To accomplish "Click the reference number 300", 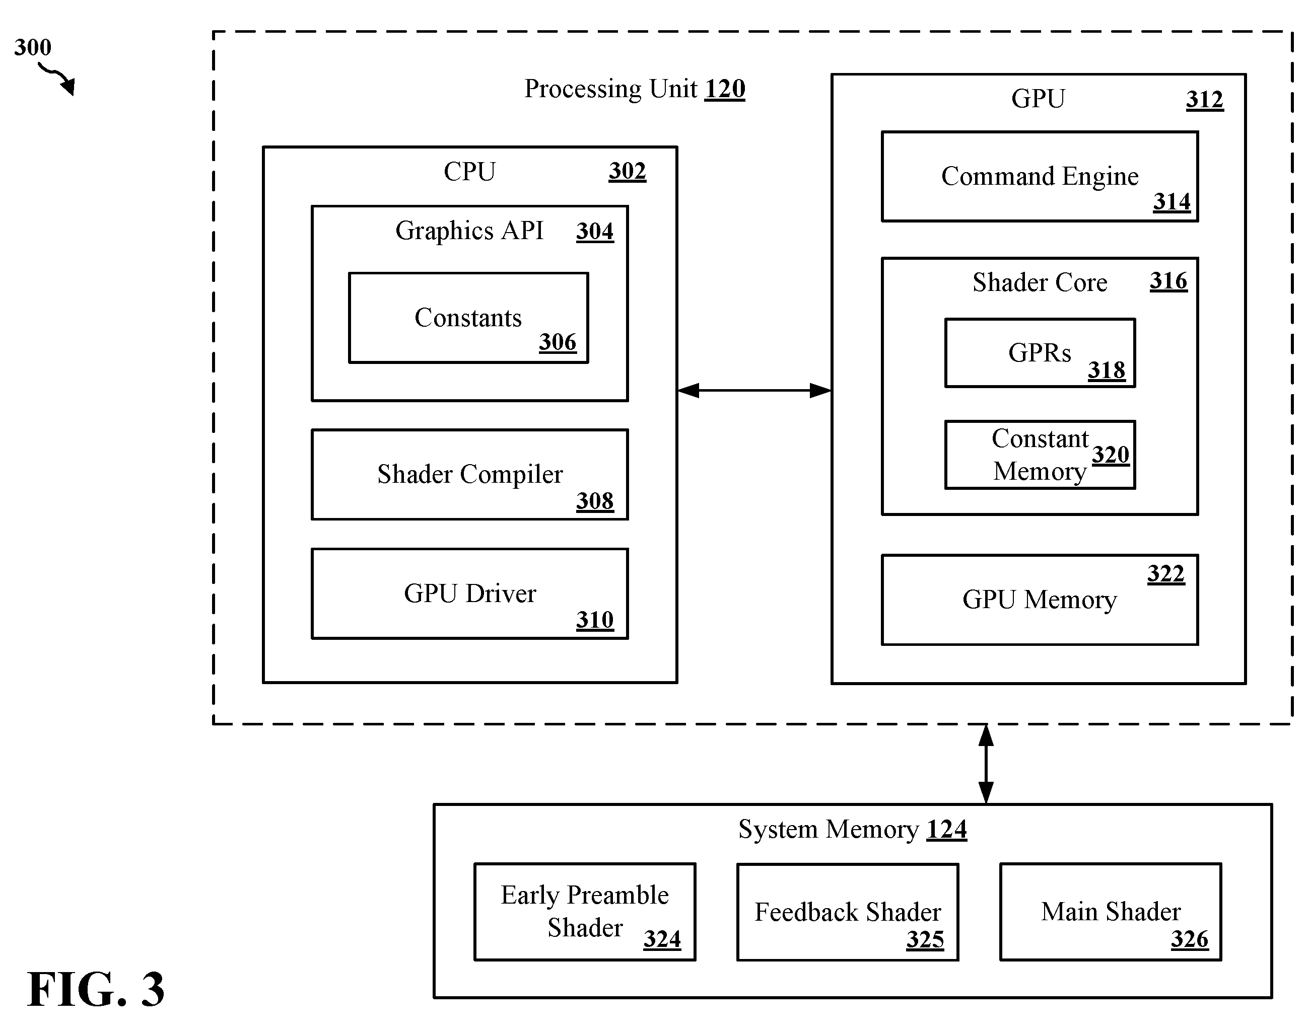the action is pos(33,47).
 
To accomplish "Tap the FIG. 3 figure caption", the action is pos(96,989).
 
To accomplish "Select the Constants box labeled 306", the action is pos(468,318).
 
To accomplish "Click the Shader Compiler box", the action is pos(470,474).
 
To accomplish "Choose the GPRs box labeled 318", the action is pos(1040,353).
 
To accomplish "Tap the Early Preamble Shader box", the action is pos(584,912).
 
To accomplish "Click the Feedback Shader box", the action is pos(847,912).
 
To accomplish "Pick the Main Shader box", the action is pos(1111,912).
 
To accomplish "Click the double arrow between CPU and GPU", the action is pos(754,391).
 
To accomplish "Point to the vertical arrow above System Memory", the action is pos(986,764).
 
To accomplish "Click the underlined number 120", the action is pos(725,89).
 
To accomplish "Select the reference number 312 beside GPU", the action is pos(1205,100).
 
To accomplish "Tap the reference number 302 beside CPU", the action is pos(628,171).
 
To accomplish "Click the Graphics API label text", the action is pos(469,231).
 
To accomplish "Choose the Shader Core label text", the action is pos(1040,282).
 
